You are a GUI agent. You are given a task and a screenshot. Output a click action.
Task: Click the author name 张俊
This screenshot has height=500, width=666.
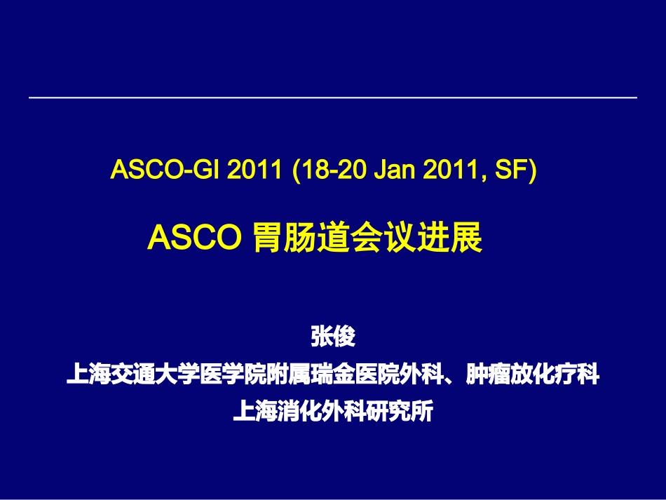coord(333,337)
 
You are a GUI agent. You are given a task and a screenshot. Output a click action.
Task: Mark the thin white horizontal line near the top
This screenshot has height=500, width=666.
coord(333,97)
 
